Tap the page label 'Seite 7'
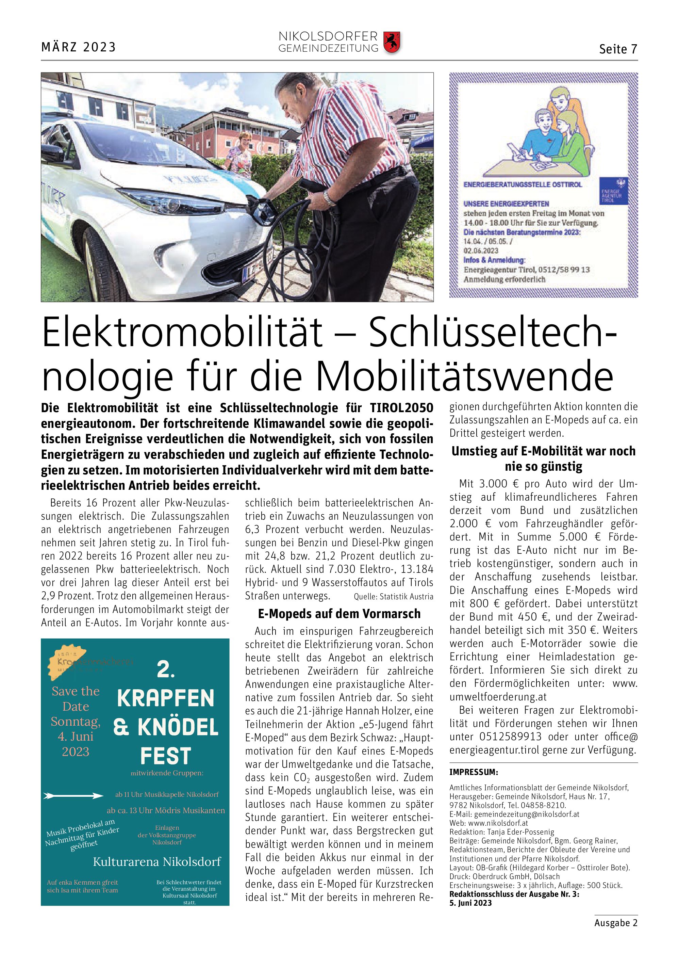point(618,49)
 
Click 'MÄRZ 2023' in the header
point(78,47)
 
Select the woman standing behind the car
point(239,154)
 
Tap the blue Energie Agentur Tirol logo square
point(613,191)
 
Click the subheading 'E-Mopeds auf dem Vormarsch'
point(339,614)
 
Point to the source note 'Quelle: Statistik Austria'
point(393,597)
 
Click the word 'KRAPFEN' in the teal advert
point(166,698)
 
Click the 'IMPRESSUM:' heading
point(474,772)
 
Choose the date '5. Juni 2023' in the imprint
point(470,903)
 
